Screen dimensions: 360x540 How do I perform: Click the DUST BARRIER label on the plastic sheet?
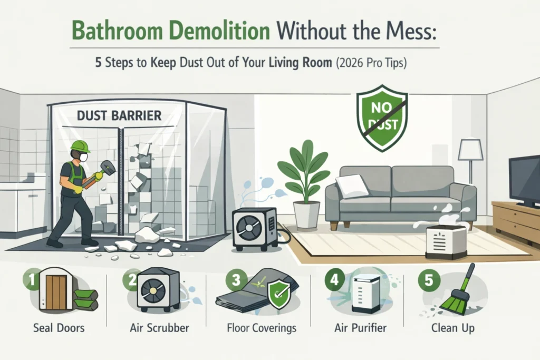119,115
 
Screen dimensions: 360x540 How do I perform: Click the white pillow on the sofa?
352,186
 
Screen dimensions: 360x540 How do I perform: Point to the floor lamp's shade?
470,149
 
